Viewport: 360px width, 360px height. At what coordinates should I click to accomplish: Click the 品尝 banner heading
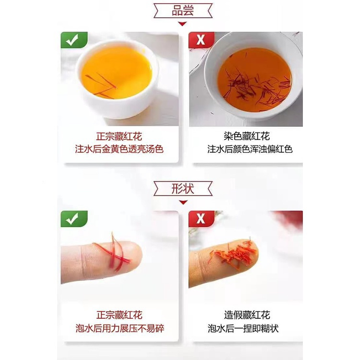pos(183,11)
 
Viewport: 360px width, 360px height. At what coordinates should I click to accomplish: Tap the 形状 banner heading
pos(183,189)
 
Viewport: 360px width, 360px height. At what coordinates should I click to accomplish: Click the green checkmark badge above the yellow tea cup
pos(74,40)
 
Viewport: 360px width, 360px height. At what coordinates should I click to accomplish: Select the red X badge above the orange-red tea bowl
pos(201,40)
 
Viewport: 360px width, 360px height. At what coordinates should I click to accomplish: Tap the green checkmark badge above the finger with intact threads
pos(74,218)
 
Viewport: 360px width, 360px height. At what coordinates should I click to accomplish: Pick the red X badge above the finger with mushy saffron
pos(201,218)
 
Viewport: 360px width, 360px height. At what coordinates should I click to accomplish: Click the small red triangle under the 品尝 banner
pos(182,24)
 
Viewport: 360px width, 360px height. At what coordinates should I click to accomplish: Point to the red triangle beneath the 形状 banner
pos(183,202)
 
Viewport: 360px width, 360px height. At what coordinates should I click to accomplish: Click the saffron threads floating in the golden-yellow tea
pos(101,85)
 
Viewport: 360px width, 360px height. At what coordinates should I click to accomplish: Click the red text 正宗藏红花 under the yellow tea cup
pos(119,136)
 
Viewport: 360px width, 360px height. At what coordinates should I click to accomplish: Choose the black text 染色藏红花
pos(247,136)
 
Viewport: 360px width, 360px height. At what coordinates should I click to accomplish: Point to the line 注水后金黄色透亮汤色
pos(119,149)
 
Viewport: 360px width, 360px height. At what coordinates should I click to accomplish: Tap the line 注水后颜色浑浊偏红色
pos(250,149)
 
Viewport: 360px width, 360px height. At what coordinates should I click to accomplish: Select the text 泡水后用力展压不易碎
pos(120,328)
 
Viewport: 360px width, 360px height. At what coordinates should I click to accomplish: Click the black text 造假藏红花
pos(247,315)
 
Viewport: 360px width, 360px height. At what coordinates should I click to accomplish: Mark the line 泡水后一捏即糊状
pos(243,328)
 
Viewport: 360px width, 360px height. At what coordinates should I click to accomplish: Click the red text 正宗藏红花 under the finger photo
pos(120,315)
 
